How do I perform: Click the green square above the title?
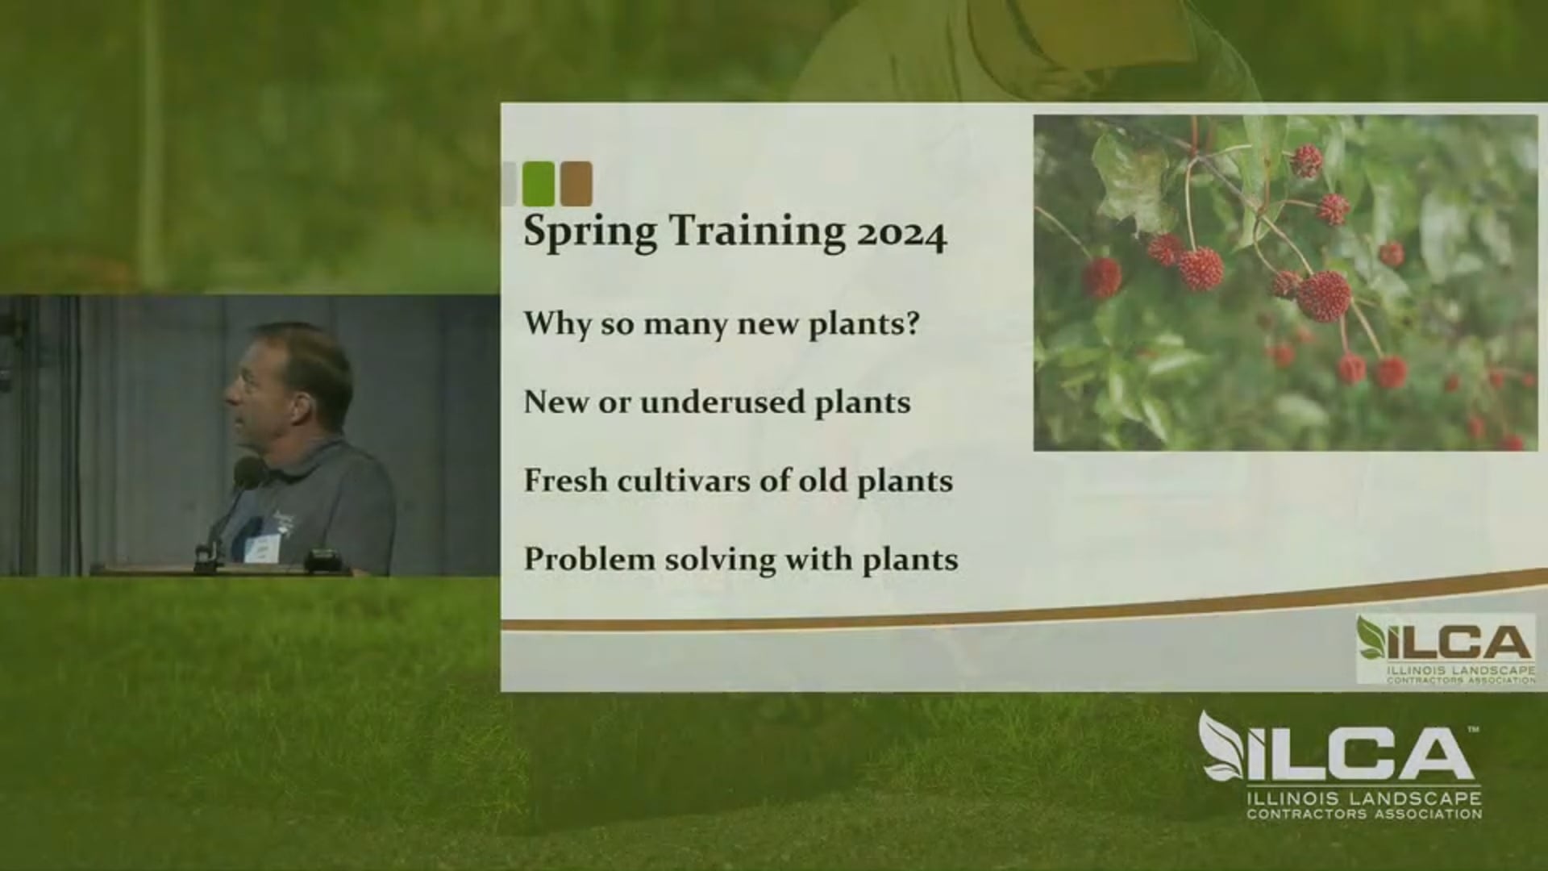point(539,183)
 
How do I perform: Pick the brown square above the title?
point(576,183)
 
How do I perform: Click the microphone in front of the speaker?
point(246,471)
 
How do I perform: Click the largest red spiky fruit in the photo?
point(1323,296)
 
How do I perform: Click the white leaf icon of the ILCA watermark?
point(1221,746)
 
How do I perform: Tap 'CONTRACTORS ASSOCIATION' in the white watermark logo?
point(1363,815)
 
